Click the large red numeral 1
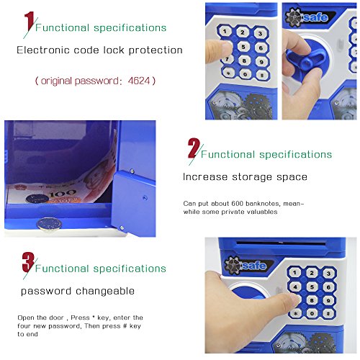(x=30, y=21)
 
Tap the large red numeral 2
(x=194, y=148)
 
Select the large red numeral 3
(x=28, y=262)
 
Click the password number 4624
(x=139, y=81)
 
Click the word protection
(x=156, y=50)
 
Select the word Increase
(x=205, y=177)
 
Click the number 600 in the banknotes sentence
(x=237, y=204)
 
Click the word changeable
(x=105, y=292)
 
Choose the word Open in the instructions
(x=26, y=318)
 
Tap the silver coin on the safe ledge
(x=49, y=225)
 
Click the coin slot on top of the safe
(x=281, y=243)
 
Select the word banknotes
(x=263, y=204)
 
